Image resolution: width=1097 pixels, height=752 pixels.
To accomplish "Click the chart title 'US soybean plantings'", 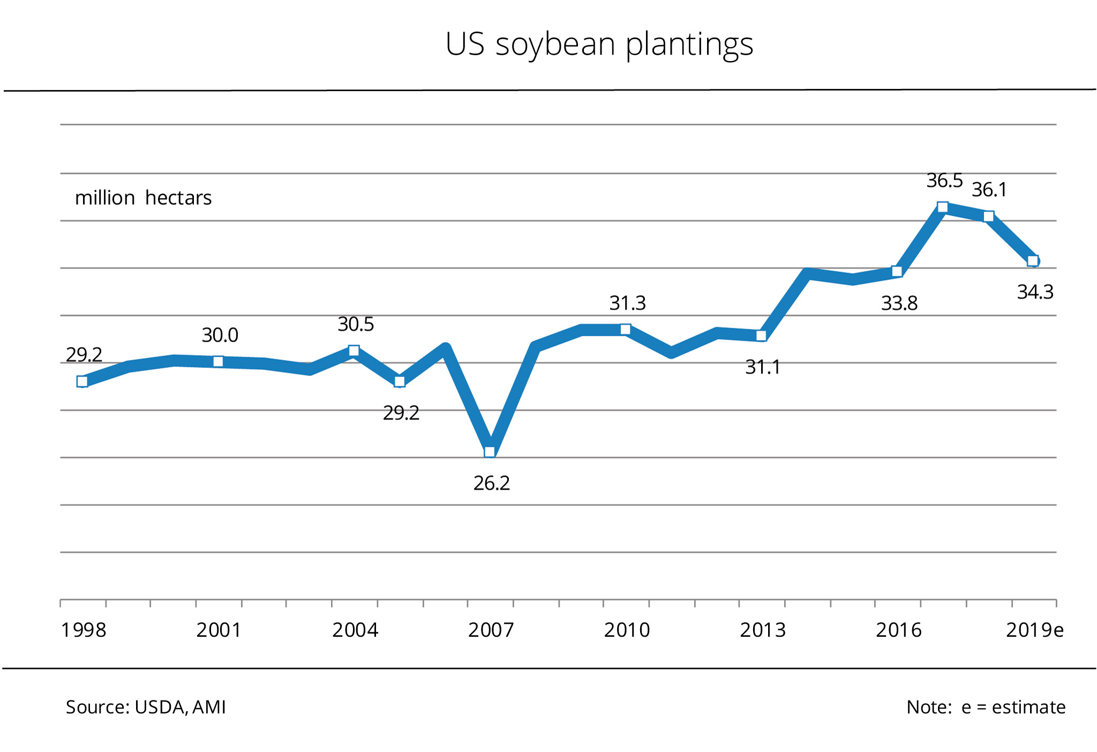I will [x=599, y=44].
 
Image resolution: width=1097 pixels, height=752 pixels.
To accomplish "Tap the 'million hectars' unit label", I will [x=143, y=198].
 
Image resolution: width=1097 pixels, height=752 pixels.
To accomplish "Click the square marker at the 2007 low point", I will [x=490, y=452].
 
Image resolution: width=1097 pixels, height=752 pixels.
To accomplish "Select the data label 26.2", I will [x=491, y=483].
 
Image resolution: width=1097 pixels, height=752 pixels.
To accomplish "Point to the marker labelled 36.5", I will [x=943, y=207].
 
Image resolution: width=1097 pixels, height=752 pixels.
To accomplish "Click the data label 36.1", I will [x=989, y=190].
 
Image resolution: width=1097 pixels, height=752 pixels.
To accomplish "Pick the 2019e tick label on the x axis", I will [x=1034, y=630].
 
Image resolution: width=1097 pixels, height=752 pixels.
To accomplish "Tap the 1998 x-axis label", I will [x=84, y=630].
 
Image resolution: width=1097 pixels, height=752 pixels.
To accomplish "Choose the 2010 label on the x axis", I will [x=627, y=630].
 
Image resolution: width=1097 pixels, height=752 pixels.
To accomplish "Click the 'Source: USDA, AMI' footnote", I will [x=146, y=707].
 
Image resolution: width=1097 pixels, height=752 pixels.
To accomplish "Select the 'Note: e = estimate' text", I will [x=986, y=707].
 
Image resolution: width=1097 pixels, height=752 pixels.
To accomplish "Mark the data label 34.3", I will [x=1035, y=292].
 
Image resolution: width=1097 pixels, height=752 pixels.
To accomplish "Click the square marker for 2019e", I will [x=1033, y=261].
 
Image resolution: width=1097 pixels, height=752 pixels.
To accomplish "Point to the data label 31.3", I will [x=627, y=303].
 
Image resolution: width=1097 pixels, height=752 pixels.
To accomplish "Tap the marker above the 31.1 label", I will [x=761, y=336].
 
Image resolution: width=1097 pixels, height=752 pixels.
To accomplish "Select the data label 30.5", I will [x=356, y=324].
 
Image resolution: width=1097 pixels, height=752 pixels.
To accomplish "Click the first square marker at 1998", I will [x=82, y=381].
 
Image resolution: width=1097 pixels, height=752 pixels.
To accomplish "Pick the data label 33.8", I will [x=899, y=304].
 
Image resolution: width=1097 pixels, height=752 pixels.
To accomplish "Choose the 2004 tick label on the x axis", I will [x=355, y=630].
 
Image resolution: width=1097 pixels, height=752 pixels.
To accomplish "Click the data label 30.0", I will [x=220, y=335].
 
